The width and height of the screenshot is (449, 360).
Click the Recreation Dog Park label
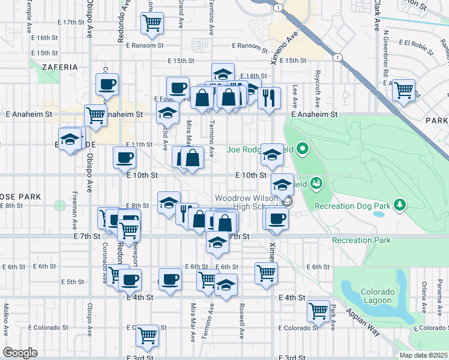pyautogui.click(x=352, y=206)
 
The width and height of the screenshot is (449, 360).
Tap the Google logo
pyautogui.click(x=20, y=353)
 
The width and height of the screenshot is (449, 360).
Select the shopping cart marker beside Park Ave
pyautogui.click(x=318, y=310)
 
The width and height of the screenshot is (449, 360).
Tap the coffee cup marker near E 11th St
pyautogui.click(x=124, y=158)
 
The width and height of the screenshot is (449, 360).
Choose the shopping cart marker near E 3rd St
pyautogui.click(x=147, y=335)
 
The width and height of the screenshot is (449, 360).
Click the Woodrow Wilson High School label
pyautogui.click(x=249, y=202)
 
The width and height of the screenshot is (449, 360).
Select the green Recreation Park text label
pyautogui.click(x=361, y=241)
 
